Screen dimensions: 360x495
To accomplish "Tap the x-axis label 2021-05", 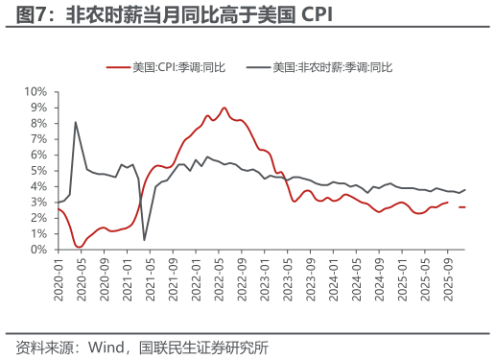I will (x=150, y=276).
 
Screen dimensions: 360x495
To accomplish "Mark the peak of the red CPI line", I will (x=224, y=108).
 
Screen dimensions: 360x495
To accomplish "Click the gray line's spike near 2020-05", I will (x=75, y=122).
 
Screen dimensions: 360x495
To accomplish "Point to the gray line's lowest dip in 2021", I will (x=144, y=240).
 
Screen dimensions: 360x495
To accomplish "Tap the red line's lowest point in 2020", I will (x=80, y=247).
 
